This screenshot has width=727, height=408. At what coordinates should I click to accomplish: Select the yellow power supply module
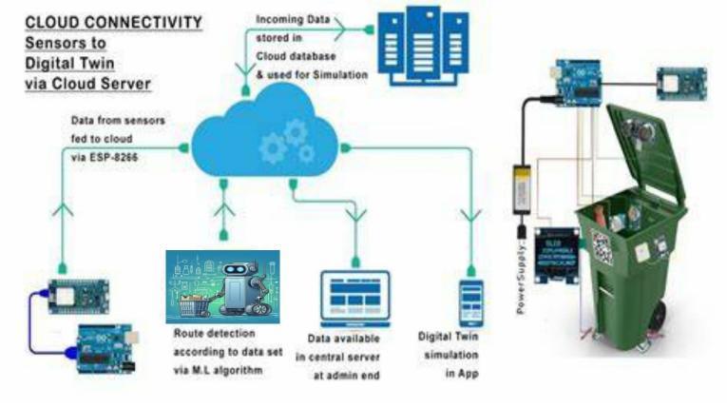520,185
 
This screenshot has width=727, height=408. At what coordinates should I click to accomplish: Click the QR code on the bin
601,248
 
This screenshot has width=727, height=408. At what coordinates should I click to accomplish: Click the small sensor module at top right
680,82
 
